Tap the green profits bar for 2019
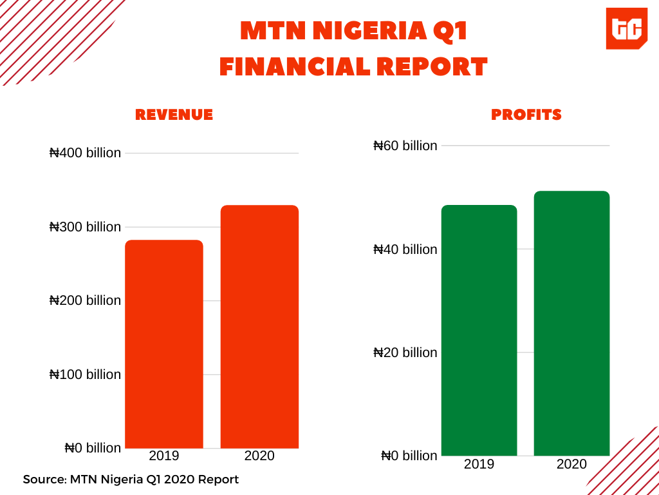[479, 330]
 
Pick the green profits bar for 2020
[571, 323]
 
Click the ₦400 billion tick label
[85, 153]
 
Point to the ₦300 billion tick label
[85, 227]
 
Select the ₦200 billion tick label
[85, 300]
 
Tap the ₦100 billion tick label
[85, 374]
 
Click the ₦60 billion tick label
[405, 146]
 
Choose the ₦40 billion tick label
[405, 249]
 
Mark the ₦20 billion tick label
[405, 353]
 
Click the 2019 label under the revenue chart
[164, 456]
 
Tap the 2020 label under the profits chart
[571, 464]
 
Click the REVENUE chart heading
[174, 115]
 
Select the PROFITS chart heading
[526, 115]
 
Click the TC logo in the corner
[626, 29]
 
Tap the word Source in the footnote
[44, 480]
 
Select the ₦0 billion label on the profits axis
[409, 456]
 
